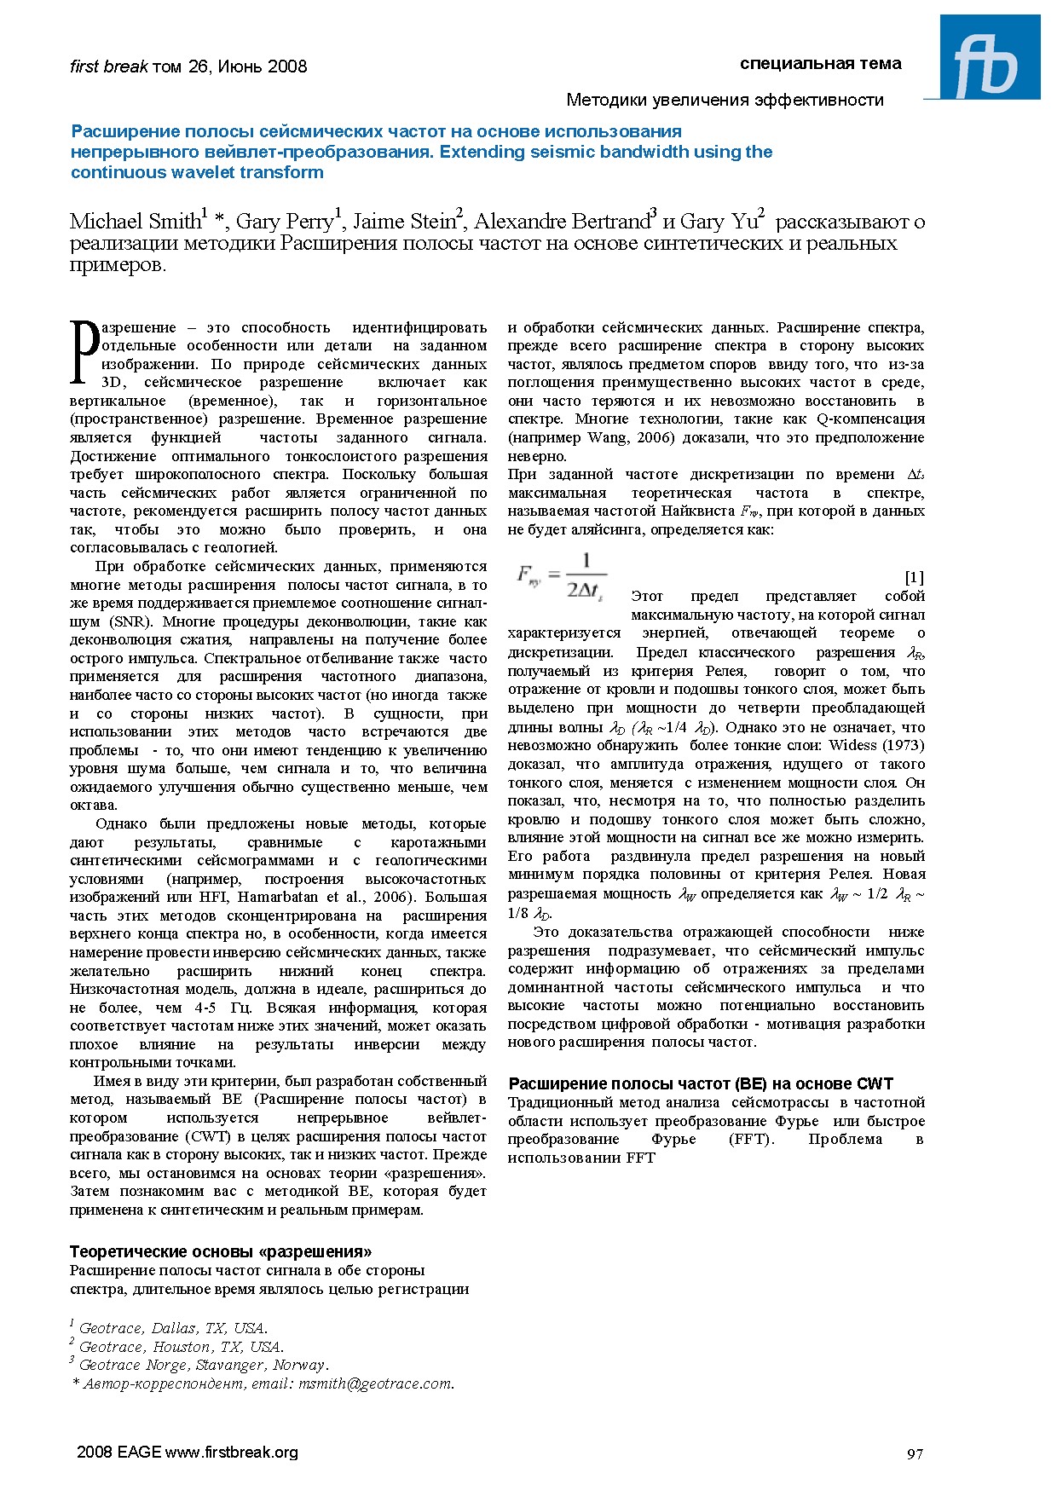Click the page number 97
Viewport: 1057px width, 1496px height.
pos(915,1453)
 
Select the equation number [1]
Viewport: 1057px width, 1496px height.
pos(914,577)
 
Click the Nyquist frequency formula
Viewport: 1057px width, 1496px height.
pos(561,577)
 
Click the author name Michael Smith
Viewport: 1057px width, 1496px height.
pos(135,222)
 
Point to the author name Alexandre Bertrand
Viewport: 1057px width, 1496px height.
pos(563,222)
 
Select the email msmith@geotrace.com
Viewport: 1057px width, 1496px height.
pos(375,1383)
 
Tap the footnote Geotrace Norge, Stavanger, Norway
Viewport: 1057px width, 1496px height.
pos(202,1365)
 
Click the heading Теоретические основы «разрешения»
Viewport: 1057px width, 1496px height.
pos(220,1251)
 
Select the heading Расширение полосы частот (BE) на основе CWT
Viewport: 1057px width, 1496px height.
pos(700,1083)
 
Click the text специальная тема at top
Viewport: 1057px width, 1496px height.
pos(820,64)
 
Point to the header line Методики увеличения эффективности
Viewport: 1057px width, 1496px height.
pos(725,100)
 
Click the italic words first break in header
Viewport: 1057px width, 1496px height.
pos(108,66)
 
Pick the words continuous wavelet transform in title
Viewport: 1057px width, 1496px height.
pos(197,172)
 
